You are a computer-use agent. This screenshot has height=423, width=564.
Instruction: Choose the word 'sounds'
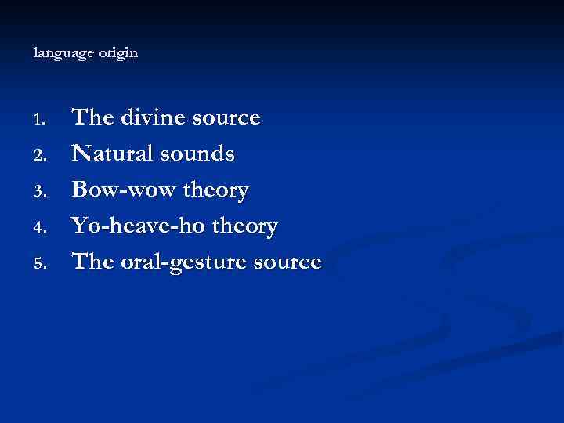(x=198, y=154)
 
